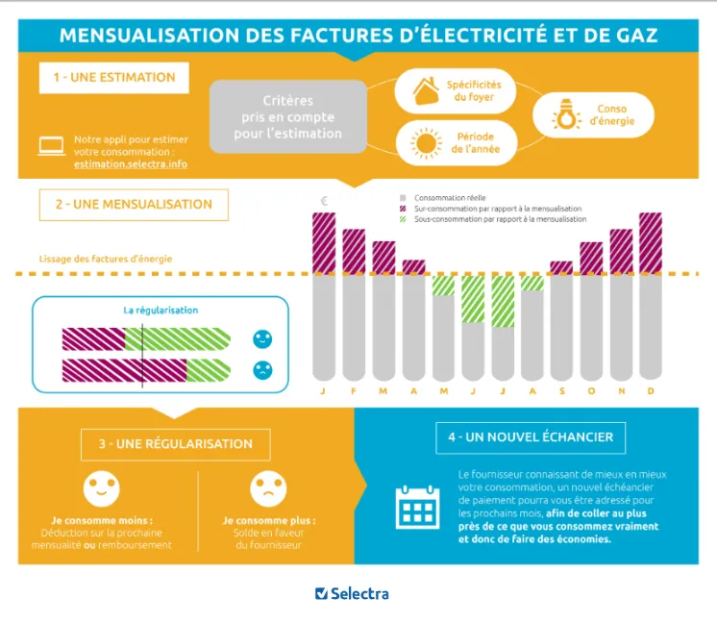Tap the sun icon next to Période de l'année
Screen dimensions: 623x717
tap(426, 144)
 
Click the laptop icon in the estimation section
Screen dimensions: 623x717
tap(51, 146)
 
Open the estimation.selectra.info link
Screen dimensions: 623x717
tap(130, 164)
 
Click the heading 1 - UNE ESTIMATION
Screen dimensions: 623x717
tap(114, 78)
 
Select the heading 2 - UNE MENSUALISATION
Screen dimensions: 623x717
tap(134, 205)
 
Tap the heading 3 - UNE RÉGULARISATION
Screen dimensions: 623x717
tap(175, 444)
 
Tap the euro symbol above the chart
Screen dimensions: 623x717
tap(324, 201)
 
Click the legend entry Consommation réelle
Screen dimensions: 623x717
tap(448, 197)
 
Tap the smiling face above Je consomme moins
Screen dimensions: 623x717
tap(101, 489)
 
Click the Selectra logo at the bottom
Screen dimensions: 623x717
tap(352, 593)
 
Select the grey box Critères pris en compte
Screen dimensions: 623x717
tap(288, 116)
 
